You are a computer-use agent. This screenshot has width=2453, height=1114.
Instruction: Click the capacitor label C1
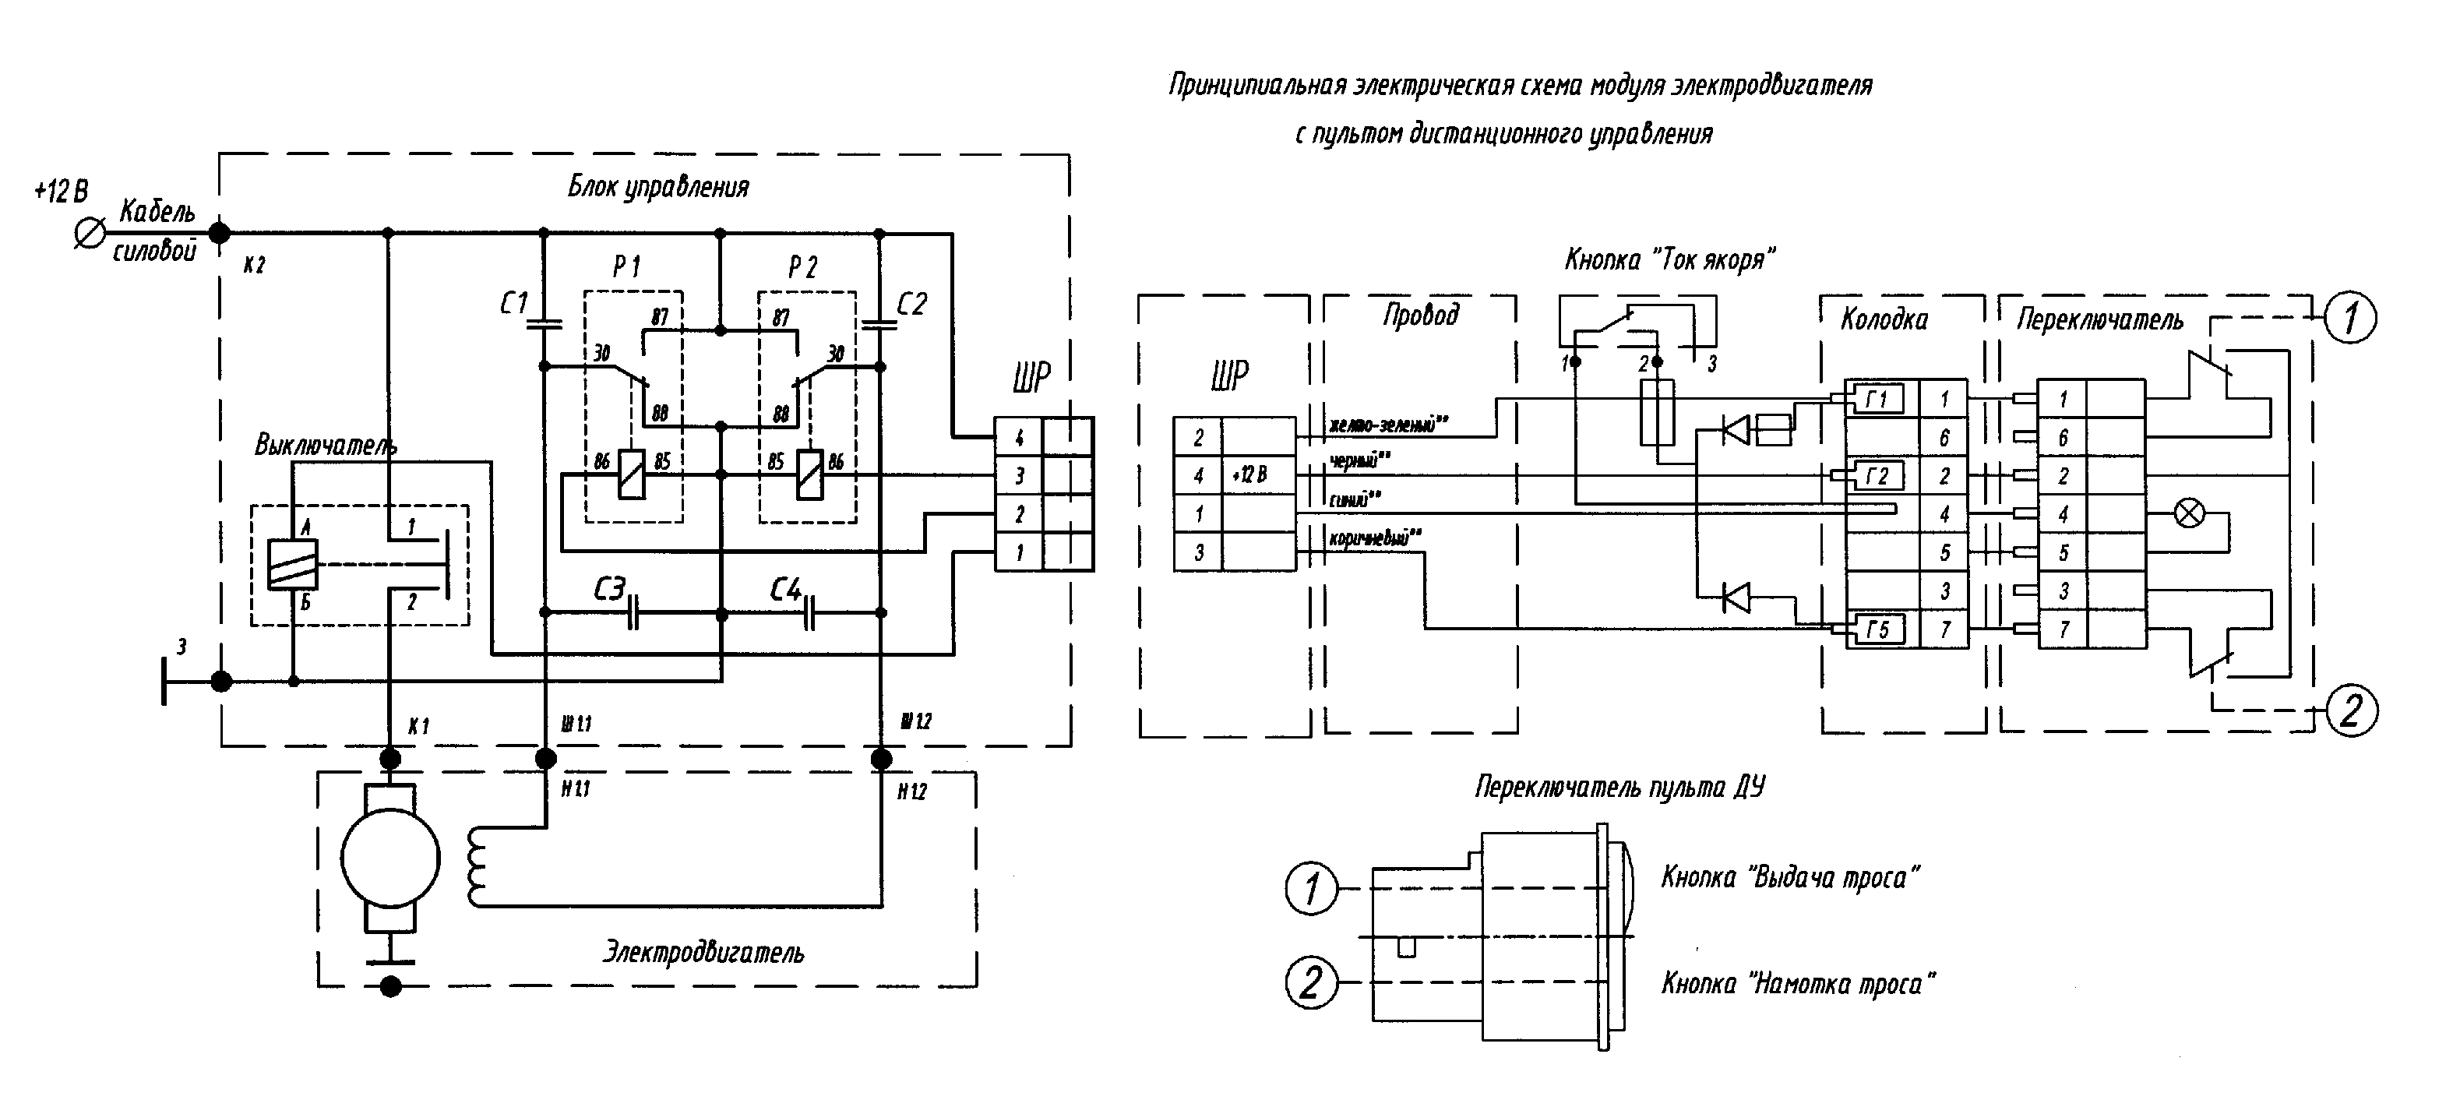(x=514, y=304)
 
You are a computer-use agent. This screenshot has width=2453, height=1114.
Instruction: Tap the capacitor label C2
(x=911, y=304)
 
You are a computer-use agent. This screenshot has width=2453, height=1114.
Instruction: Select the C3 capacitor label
(x=608, y=590)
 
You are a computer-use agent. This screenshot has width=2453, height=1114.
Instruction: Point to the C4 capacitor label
(x=786, y=590)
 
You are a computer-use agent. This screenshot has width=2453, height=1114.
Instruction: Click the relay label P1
(x=626, y=267)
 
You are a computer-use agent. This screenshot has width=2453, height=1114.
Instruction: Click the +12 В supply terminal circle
(x=90, y=233)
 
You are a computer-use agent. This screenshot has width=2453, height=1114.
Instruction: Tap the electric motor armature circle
(x=390, y=858)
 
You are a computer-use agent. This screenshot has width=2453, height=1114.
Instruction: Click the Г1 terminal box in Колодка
(x=1876, y=400)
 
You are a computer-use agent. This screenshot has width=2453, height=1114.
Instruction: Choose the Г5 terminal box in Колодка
(x=1877, y=629)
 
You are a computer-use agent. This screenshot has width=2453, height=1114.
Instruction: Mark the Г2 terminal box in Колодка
(x=1877, y=475)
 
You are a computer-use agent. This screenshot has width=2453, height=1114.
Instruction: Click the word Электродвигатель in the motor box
(x=703, y=952)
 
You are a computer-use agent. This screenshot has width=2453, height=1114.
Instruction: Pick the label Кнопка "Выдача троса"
(x=1789, y=877)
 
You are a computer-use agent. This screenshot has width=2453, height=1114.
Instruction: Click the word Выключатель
(x=326, y=445)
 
